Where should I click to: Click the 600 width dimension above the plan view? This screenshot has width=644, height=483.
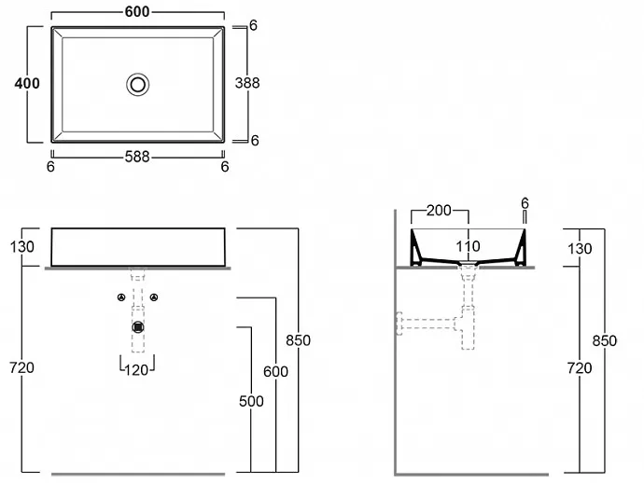pos(137,12)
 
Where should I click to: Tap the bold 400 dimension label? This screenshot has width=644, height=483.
pos(27,83)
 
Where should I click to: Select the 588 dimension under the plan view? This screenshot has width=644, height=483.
pos(137,157)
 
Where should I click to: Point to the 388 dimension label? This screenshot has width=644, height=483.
pos(247,83)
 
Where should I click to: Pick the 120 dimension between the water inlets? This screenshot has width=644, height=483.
pos(136,370)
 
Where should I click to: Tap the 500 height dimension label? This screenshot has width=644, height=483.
pos(251,401)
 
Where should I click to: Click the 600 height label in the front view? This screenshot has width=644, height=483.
pos(275,371)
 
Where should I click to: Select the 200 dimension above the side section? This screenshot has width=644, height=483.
pos(439,211)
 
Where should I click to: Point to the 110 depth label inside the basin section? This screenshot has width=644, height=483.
pos(468,246)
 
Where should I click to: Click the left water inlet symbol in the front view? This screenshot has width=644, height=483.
pos(121,297)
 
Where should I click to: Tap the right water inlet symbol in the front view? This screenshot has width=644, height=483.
pos(154,297)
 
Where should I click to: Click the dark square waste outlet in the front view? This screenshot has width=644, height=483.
pos(138,327)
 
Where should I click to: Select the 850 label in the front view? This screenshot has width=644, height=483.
pos(298,340)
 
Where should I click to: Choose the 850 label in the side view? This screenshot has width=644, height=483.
pos(604,340)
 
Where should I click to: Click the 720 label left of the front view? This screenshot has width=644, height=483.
pos(21,367)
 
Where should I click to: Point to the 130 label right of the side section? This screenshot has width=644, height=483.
pos(580,248)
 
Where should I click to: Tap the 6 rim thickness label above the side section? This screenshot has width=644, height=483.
pos(525,203)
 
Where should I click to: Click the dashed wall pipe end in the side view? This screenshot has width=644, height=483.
pos(399,324)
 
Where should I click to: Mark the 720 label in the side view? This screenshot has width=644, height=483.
pos(579,368)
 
